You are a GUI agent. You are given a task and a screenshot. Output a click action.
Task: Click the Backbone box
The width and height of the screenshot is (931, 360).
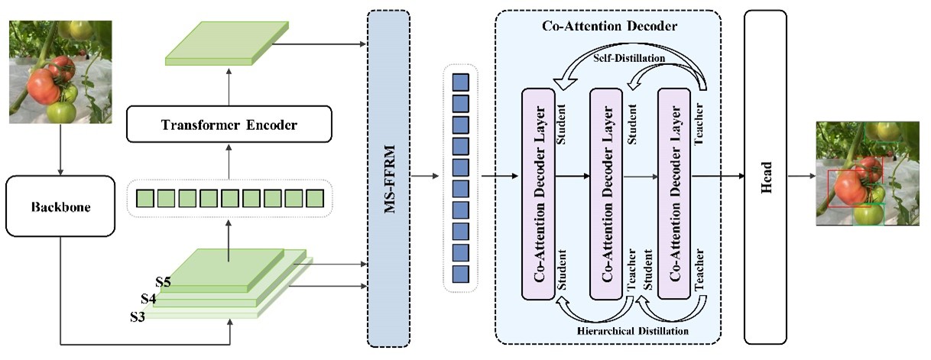click(x=60, y=207)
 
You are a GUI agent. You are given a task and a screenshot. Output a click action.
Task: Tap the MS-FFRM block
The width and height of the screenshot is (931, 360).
click(x=389, y=177)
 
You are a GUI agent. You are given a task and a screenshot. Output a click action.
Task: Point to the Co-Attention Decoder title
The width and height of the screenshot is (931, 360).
click(x=608, y=26)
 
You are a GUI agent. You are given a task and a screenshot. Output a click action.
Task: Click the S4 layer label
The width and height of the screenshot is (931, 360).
click(x=150, y=299)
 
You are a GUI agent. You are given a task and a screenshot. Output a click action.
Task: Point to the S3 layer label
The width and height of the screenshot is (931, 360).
click(x=138, y=314)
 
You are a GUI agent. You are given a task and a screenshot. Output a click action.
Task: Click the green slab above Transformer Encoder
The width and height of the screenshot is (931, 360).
click(x=228, y=44)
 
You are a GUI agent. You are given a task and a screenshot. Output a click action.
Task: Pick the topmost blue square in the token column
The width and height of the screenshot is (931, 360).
click(x=460, y=80)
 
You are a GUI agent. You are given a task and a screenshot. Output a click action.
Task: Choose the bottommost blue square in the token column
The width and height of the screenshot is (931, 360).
click(x=460, y=273)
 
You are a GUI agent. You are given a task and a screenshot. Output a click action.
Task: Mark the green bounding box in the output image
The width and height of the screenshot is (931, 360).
click(x=869, y=214)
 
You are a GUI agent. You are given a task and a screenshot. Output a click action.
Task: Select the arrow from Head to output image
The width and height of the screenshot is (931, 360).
click(x=801, y=177)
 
